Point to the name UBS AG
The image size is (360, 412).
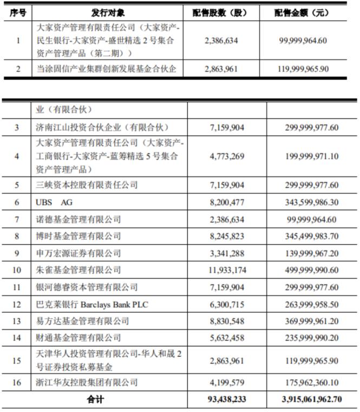click(x=57, y=202)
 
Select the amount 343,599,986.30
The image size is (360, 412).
click(x=311, y=202)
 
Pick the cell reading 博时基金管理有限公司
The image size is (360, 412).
click(x=78, y=236)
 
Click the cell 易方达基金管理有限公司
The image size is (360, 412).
click(x=82, y=321)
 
